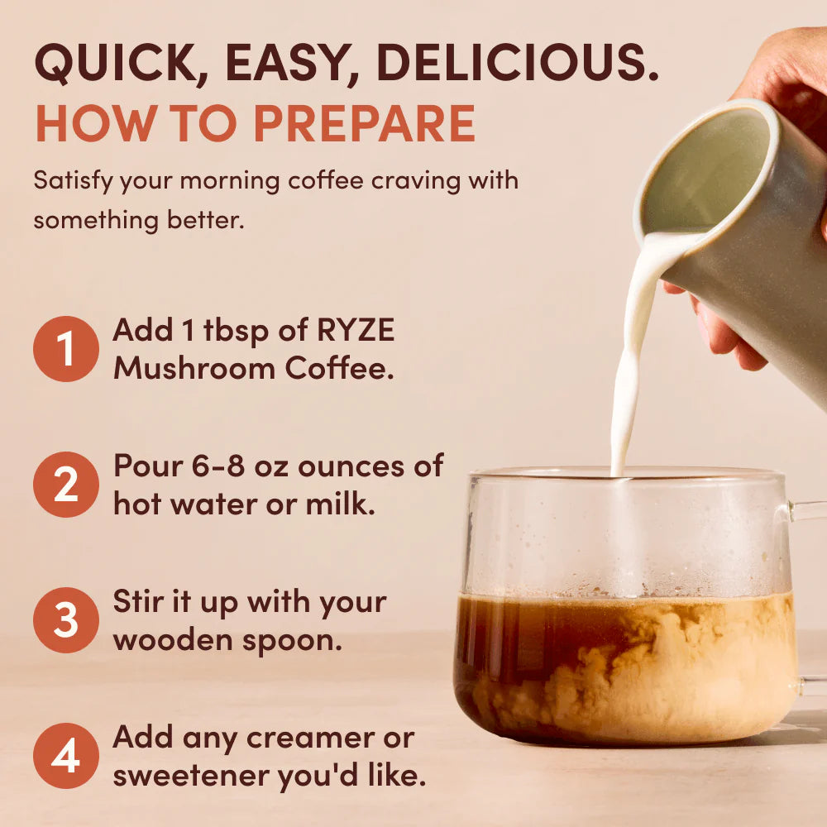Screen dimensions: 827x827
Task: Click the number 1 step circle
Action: (x=65, y=349)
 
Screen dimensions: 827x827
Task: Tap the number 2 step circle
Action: (x=65, y=485)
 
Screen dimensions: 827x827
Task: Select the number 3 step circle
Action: (x=65, y=620)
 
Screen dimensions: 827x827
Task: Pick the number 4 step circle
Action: (x=65, y=756)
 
